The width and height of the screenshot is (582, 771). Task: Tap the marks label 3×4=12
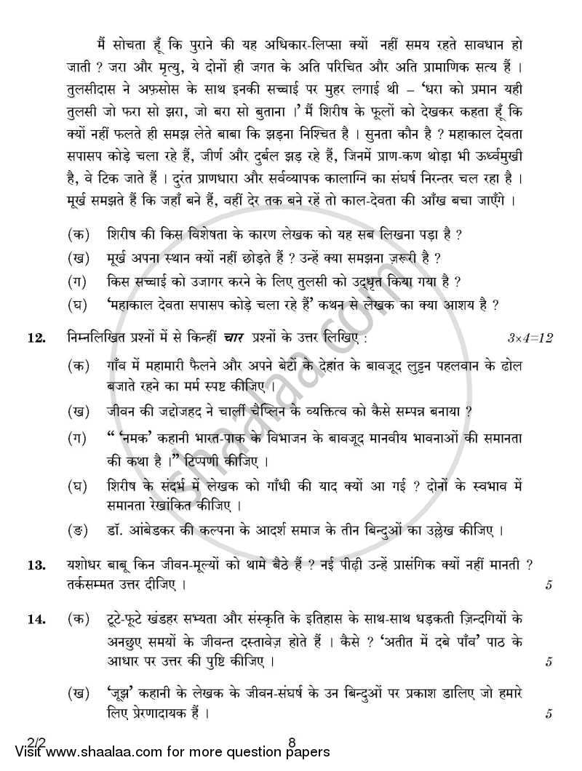[x=531, y=337]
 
